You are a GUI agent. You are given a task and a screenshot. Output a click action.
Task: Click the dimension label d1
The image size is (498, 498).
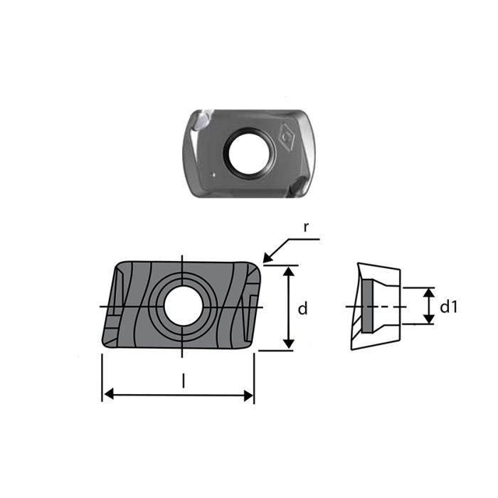pyautogui.click(x=448, y=307)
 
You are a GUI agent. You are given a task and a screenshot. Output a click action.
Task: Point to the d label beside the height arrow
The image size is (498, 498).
pyautogui.click(x=302, y=309)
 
